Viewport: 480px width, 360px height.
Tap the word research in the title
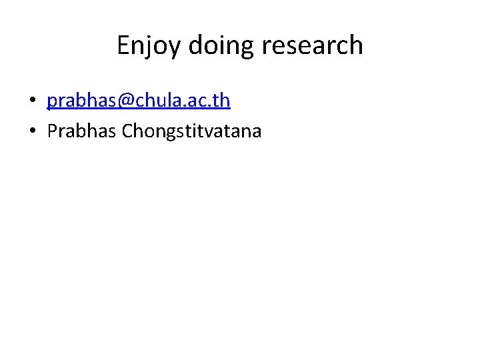coord(313,45)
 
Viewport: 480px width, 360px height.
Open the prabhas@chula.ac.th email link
coord(139,101)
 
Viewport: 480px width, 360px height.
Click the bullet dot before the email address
coord(31,101)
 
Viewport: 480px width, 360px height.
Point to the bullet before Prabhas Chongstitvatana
coord(31,131)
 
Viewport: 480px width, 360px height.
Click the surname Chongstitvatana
coord(192,131)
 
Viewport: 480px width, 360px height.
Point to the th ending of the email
coord(221,101)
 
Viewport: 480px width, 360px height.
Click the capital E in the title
coord(123,45)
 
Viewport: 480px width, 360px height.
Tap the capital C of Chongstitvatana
coord(128,131)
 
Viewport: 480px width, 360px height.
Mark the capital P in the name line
coord(52,131)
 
